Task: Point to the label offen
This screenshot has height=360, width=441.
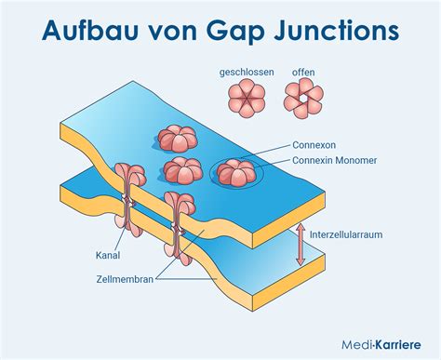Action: tap(303, 73)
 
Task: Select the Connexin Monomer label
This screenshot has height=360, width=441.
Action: tap(335, 160)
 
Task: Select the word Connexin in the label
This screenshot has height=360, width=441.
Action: tap(312, 160)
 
